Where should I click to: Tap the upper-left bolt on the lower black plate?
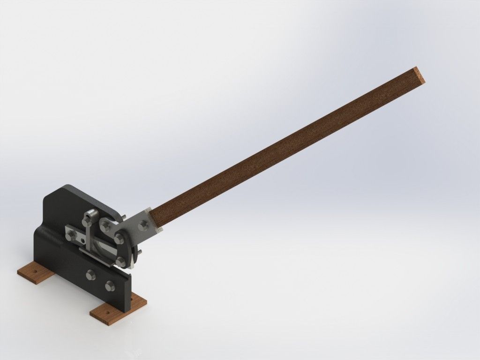(90, 274)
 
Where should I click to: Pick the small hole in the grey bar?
(82, 241)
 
